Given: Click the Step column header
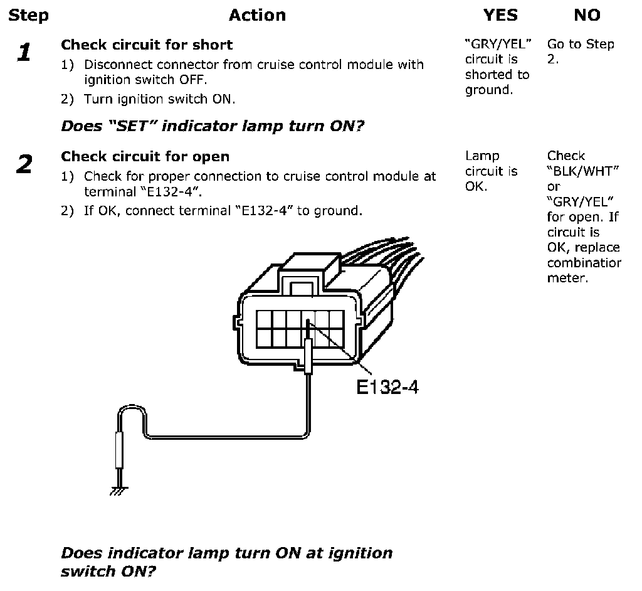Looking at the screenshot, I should click(x=28, y=15).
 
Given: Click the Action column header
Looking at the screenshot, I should click(x=257, y=15).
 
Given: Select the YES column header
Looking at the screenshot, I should click(x=500, y=15).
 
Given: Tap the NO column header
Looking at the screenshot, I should click(x=587, y=15).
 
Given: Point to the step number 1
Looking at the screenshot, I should click(x=24, y=53).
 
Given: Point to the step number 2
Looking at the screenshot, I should click(x=24, y=165).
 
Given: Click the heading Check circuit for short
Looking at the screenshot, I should click(x=147, y=45).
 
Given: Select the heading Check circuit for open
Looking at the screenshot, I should click(x=145, y=156).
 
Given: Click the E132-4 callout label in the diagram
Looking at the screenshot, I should click(x=387, y=387).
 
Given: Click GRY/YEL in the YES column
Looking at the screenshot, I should click(x=498, y=45).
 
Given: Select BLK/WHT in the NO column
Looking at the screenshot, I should click(x=579, y=171).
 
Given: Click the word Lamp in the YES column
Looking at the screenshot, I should click(x=482, y=156).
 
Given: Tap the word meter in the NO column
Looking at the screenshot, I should click(x=567, y=278).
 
